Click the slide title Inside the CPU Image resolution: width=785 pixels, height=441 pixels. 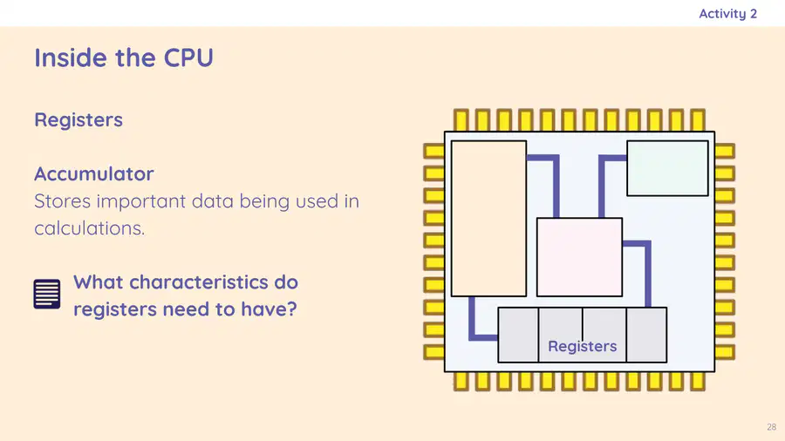point(124,58)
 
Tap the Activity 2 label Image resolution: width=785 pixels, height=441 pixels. point(728,14)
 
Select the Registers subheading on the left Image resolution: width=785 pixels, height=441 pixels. point(78,120)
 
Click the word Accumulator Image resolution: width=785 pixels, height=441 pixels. point(94,174)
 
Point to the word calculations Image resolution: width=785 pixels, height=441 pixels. point(90,228)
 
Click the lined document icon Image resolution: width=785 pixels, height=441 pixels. point(47,294)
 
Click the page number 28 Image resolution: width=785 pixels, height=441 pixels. point(772,427)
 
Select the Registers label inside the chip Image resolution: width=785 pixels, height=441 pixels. point(583,346)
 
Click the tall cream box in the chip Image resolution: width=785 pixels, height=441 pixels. point(488,219)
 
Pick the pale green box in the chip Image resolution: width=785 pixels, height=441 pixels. point(667,168)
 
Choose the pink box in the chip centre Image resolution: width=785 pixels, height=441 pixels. point(579,257)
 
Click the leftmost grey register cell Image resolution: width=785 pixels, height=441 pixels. point(518,335)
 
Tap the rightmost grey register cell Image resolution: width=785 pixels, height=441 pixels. point(646,335)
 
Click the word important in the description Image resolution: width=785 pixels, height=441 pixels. point(140,202)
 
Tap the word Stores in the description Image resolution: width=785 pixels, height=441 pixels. point(63,201)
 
